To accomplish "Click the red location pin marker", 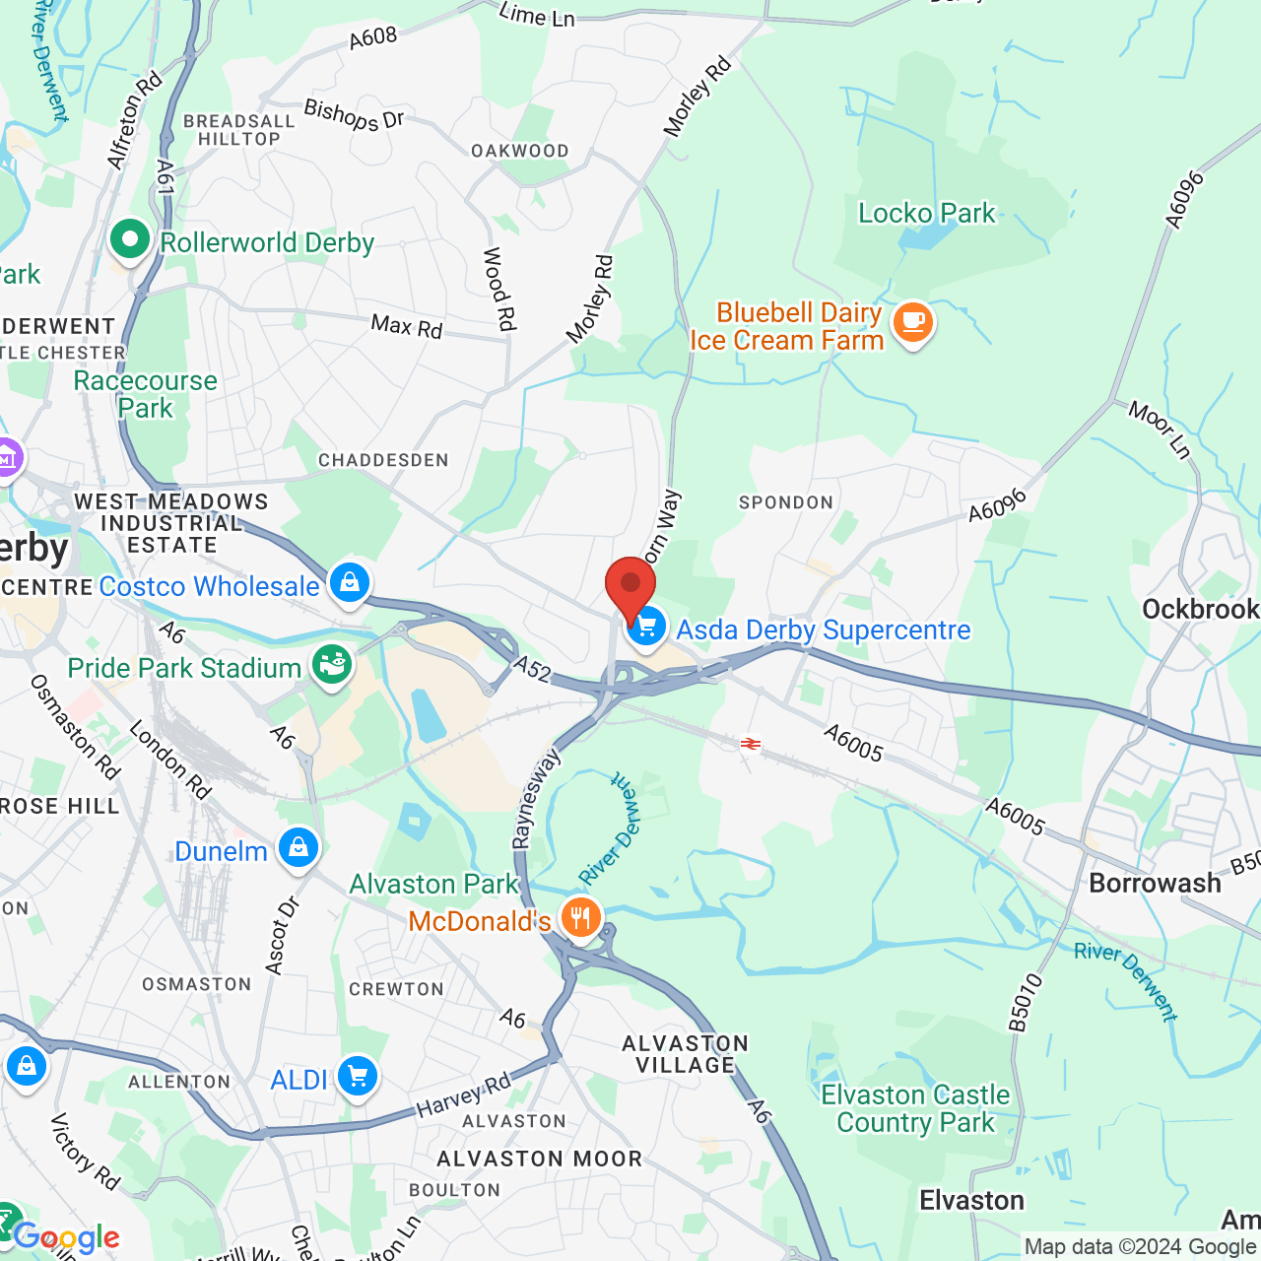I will pyautogui.click(x=630, y=587).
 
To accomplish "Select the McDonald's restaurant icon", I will pyautogui.click(x=581, y=918).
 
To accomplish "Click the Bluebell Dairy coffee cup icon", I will pyautogui.click(x=912, y=323).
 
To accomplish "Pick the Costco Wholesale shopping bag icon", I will pyautogui.click(x=349, y=583).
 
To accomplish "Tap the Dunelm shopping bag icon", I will pyautogui.click(x=298, y=848).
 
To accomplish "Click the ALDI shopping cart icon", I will pyautogui.click(x=357, y=1077).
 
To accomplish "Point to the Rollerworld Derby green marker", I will pyautogui.click(x=129, y=239).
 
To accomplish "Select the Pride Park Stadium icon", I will pyautogui.click(x=332, y=666).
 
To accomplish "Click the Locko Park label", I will pyautogui.click(x=926, y=213).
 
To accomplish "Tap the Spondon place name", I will pyautogui.click(x=786, y=502).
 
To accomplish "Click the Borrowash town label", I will pyautogui.click(x=1155, y=883).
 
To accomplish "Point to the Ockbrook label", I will pyautogui.click(x=1200, y=609).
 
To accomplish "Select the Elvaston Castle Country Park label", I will pyautogui.click(x=915, y=1108).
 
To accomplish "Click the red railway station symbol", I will pyautogui.click(x=751, y=744).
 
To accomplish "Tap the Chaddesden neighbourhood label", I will pyautogui.click(x=383, y=460).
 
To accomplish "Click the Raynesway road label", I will pyautogui.click(x=535, y=798).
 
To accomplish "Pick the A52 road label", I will pyautogui.click(x=532, y=671).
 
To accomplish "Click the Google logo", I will pyautogui.click(x=67, y=1237).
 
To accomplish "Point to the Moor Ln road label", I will pyautogui.click(x=1160, y=430).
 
